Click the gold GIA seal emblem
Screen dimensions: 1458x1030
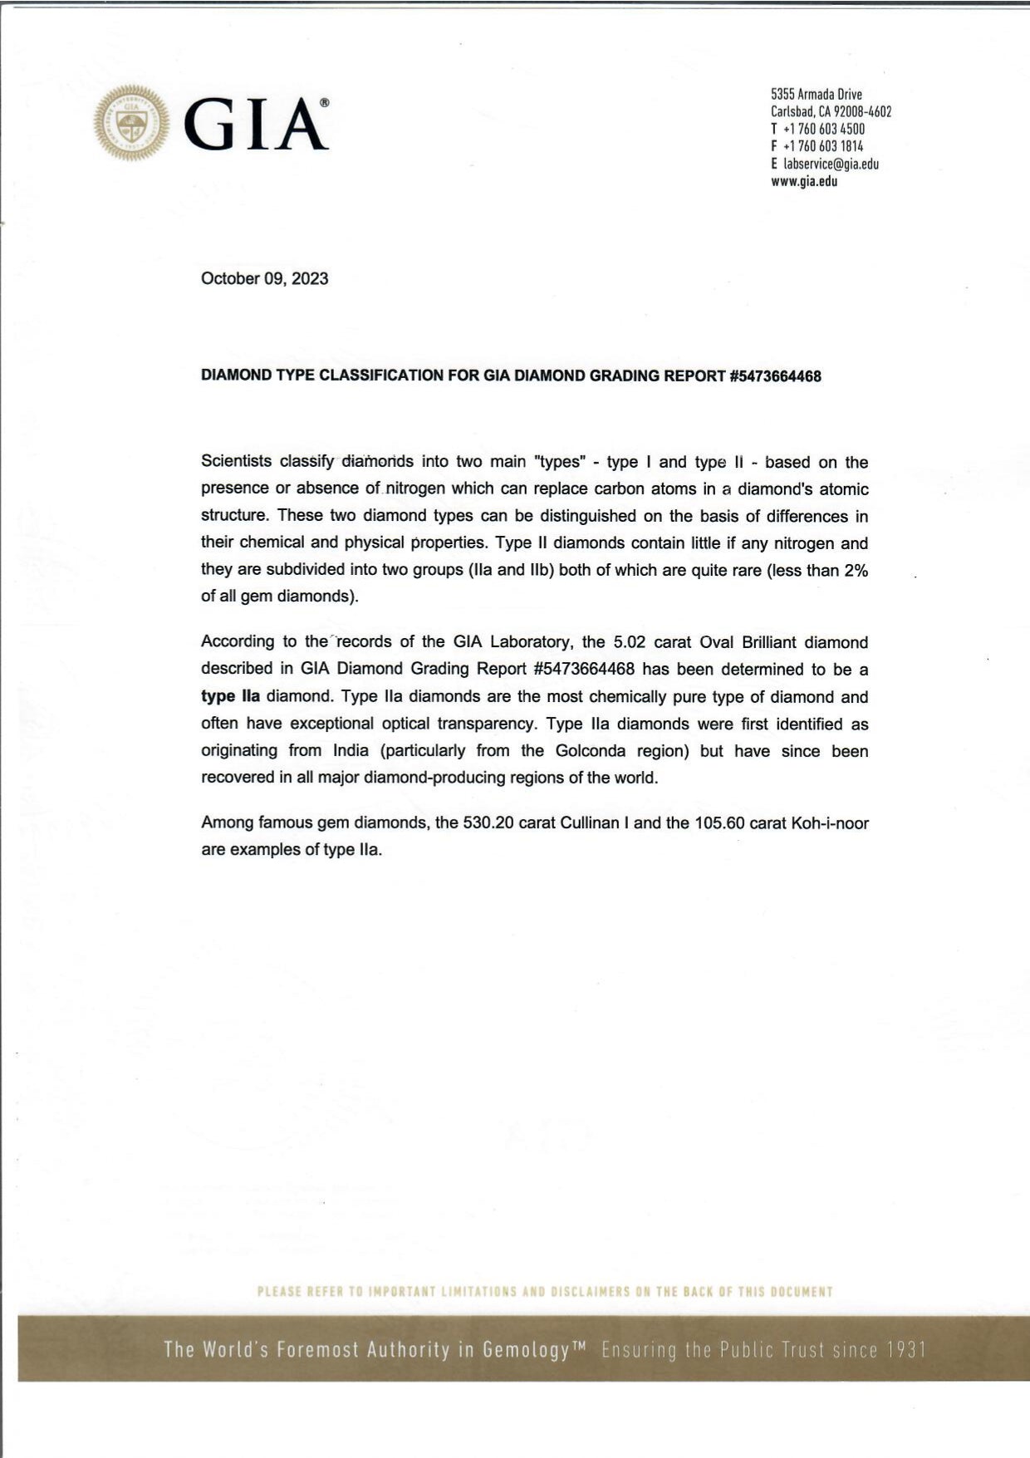[131, 123]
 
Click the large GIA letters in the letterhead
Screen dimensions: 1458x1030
[255, 125]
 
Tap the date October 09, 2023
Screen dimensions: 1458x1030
[264, 278]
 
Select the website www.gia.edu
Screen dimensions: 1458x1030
[804, 181]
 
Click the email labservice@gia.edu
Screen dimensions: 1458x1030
[831, 164]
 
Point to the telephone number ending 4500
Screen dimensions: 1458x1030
[823, 129]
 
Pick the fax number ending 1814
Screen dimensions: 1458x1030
[822, 146]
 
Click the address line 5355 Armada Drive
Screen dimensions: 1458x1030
[817, 94]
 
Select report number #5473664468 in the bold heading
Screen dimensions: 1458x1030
[774, 376]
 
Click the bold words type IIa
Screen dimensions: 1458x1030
[230, 696]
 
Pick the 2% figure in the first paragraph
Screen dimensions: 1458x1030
[856, 571]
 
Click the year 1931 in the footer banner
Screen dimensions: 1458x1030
[906, 1349]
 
